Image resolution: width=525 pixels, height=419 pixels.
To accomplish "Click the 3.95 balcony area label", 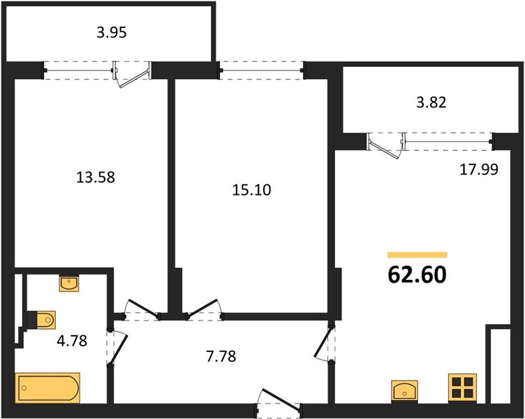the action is pos(112,33).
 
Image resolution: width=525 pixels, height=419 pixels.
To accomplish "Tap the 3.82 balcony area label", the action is pos(431,103).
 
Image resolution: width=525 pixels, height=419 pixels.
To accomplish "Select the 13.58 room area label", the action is pos(96,177).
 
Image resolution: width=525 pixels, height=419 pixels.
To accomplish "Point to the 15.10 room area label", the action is pos(251,190).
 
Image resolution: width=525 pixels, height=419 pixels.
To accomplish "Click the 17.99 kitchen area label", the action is pos(479,170).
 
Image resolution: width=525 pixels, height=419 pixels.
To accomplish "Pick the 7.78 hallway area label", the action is pos(221,356).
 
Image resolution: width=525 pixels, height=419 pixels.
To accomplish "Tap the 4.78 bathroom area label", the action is pos(72,341).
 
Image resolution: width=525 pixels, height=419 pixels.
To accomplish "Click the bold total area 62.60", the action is pos(417,275).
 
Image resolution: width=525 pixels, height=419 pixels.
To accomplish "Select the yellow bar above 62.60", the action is pos(417,255).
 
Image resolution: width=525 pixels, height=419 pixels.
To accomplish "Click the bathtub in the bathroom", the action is pos(47,388).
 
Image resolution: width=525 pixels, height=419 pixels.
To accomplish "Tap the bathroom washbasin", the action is pos(69,284).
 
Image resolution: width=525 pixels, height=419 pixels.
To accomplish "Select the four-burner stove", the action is pos(462,388).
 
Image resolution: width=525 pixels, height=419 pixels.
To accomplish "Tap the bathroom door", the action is pos(117,347).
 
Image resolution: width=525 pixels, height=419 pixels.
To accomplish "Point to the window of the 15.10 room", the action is pos(262,71).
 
